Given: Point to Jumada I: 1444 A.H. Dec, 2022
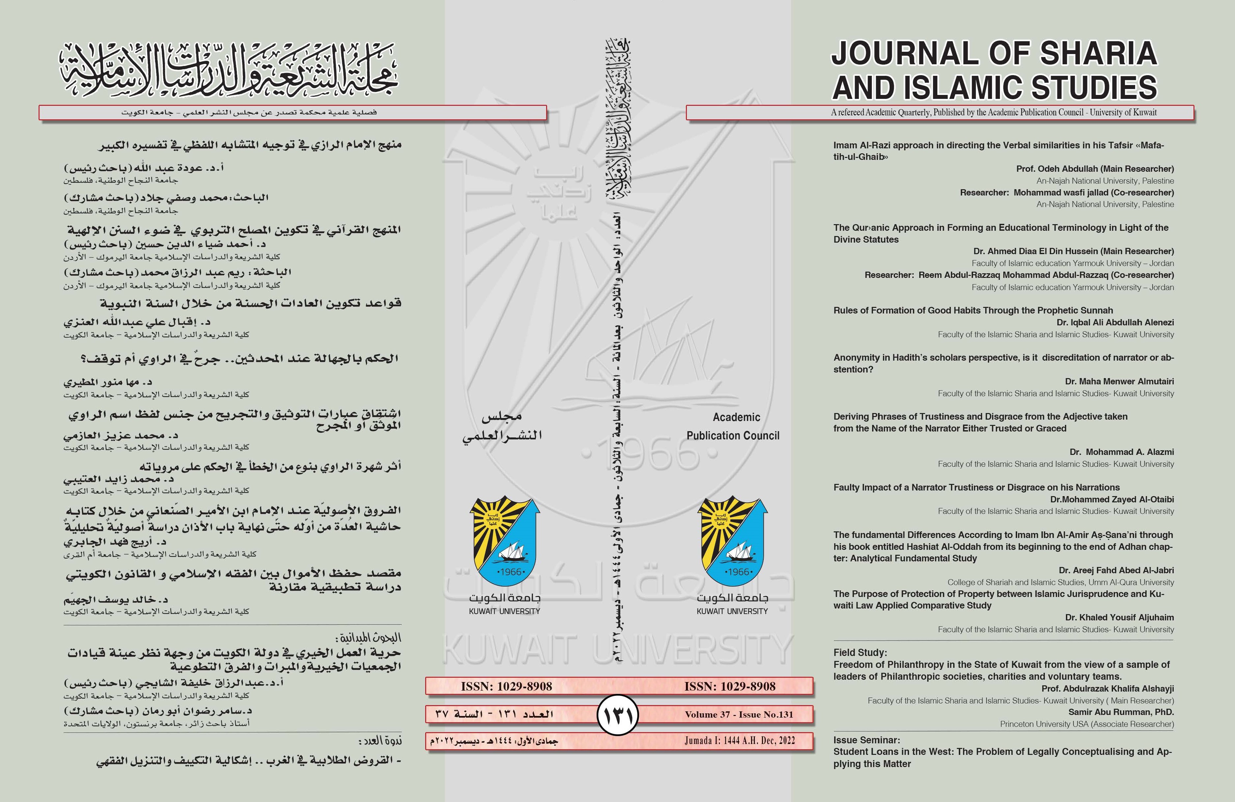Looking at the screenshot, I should pyautogui.click(x=739, y=741).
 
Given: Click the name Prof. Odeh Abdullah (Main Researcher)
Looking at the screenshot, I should pyautogui.click(x=1095, y=169).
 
